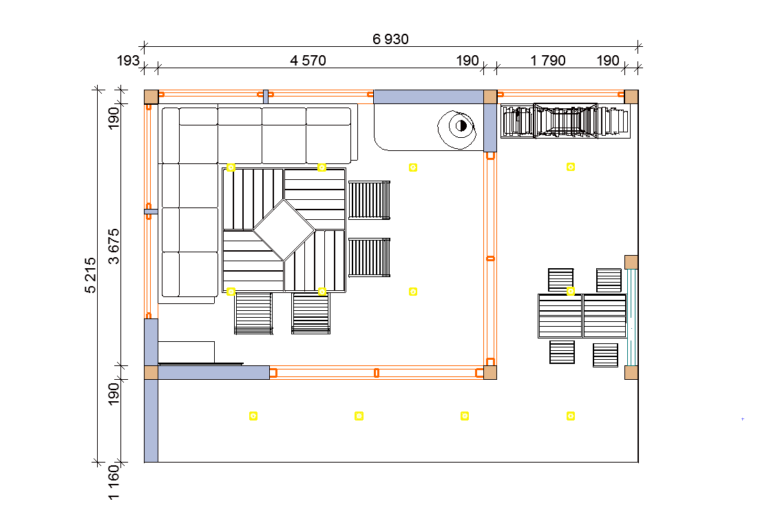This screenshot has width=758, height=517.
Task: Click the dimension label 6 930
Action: (x=390, y=39)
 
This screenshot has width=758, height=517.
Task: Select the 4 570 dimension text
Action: (x=308, y=61)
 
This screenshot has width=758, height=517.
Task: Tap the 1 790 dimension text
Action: (x=548, y=61)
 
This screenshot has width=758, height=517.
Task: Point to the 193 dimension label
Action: (x=128, y=61)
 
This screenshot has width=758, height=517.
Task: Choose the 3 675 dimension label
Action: (x=114, y=246)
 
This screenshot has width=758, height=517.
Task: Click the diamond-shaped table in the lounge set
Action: (x=284, y=230)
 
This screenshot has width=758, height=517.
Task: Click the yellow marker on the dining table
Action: (x=571, y=292)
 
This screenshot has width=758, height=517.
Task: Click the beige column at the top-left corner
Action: (x=151, y=97)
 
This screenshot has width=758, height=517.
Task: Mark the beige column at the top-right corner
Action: (x=631, y=96)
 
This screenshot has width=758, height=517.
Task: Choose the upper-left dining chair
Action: (x=560, y=280)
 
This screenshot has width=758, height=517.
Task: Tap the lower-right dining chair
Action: (x=605, y=354)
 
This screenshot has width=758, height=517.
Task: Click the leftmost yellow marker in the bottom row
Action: (x=253, y=416)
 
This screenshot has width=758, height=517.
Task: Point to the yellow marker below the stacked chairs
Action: (x=571, y=167)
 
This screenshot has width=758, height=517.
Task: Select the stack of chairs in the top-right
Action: (x=565, y=122)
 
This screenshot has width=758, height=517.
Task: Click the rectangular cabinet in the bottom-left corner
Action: (x=186, y=352)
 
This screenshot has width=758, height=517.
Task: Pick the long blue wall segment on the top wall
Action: (x=428, y=97)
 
